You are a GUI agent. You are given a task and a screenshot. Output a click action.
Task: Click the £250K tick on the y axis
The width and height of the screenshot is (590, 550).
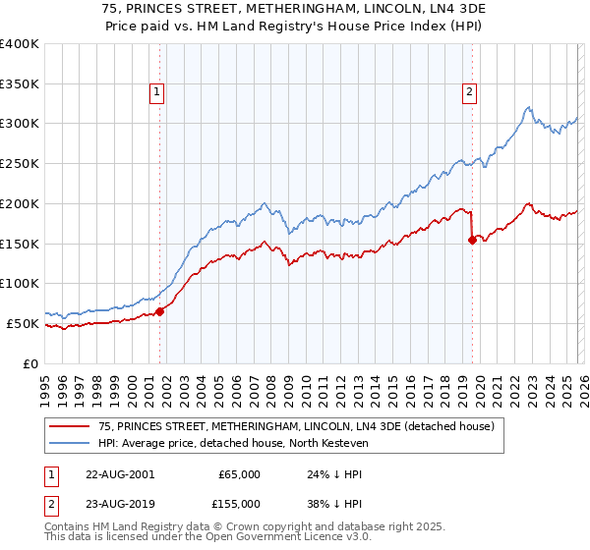pyautogui.click(x=20, y=164)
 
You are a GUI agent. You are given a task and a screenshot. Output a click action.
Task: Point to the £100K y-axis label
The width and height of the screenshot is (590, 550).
pyautogui.click(x=20, y=284)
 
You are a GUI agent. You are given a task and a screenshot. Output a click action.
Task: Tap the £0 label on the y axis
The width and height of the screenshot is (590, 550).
pyautogui.click(x=29, y=363)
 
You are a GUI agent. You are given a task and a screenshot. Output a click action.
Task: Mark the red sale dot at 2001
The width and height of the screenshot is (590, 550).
pyautogui.click(x=160, y=311)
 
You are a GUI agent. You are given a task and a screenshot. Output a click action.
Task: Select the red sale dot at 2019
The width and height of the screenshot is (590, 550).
pyautogui.click(x=473, y=239)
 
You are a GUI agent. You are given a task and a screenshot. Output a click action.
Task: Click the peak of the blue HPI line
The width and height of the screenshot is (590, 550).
pyautogui.click(x=528, y=107)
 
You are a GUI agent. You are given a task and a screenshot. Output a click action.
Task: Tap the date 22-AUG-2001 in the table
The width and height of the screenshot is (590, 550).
pyautogui.click(x=120, y=474)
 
